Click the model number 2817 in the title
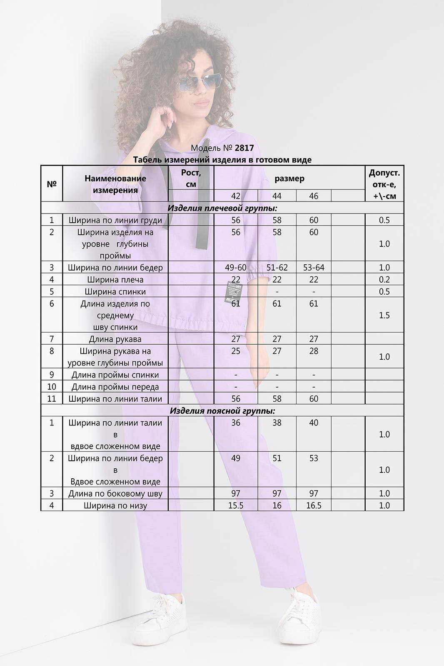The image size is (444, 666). pyautogui.click(x=244, y=148)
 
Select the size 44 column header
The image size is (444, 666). pyautogui.click(x=277, y=196)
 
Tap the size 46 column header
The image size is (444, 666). pyautogui.click(x=314, y=196)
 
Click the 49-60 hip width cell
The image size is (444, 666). pyautogui.click(x=236, y=268)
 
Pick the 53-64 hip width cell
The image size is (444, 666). pyautogui.click(x=314, y=268)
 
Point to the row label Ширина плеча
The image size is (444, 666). pyautogui.click(x=115, y=280)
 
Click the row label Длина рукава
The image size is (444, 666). pyautogui.click(x=115, y=339)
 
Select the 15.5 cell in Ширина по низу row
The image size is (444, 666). pyautogui.click(x=236, y=506)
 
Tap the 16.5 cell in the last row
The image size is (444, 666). pyautogui.click(x=314, y=506)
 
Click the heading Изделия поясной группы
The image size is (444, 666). pyautogui.click(x=222, y=411)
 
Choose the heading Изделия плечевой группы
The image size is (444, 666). pyautogui.click(x=222, y=208)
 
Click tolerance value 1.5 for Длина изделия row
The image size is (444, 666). pyautogui.click(x=384, y=315)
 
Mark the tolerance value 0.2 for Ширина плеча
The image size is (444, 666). pyautogui.click(x=384, y=280)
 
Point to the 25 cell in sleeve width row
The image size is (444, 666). pyautogui.click(x=236, y=351)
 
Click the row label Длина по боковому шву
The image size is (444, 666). pyautogui.click(x=115, y=494)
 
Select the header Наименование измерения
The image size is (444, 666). pyautogui.click(x=115, y=184)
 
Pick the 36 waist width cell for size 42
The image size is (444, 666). pyautogui.click(x=236, y=423)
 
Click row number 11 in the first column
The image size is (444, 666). pyautogui.click(x=52, y=399)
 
